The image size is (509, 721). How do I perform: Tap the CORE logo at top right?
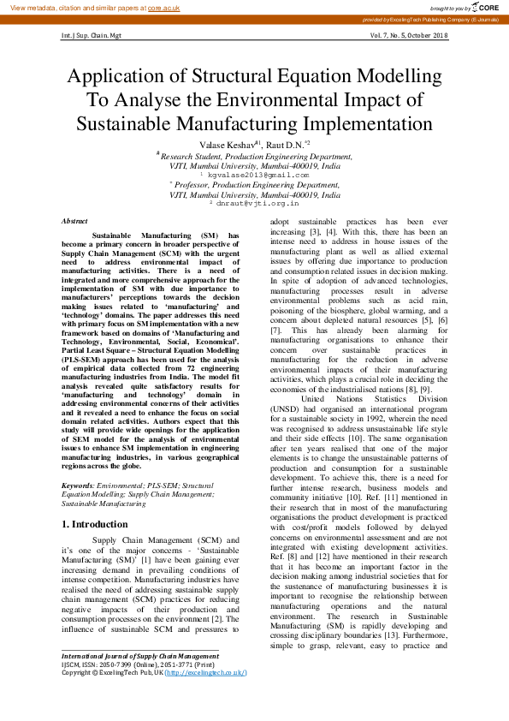coord(481,7)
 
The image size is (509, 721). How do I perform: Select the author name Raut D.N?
coord(287,145)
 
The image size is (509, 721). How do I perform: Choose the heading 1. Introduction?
coord(94,523)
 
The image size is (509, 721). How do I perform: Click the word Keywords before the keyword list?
coord(79,486)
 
